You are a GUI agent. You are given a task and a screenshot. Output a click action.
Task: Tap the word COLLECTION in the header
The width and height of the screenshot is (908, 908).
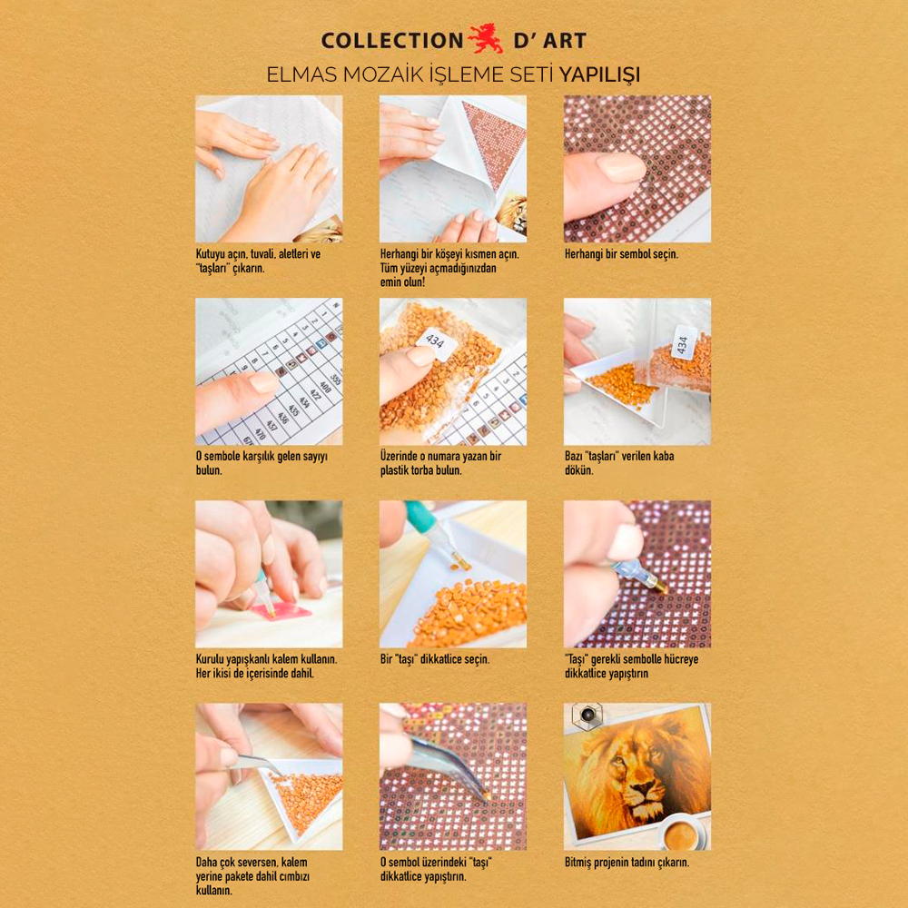click(x=392, y=41)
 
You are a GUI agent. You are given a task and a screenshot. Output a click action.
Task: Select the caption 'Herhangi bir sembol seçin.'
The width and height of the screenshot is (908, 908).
click(x=621, y=255)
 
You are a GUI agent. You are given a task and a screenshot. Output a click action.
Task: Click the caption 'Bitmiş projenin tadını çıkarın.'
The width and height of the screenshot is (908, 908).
click(x=627, y=863)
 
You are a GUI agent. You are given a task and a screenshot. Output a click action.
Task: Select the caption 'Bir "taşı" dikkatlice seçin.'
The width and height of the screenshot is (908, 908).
click(x=435, y=659)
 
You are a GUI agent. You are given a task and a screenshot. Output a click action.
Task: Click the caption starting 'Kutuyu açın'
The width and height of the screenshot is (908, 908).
click(x=258, y=262)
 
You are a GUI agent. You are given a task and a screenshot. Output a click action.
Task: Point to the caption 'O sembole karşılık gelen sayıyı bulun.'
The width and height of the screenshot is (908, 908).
click(x=262, y=463)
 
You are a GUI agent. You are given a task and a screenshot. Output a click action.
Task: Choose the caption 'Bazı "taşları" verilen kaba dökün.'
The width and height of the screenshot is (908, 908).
click(x=619, y=463)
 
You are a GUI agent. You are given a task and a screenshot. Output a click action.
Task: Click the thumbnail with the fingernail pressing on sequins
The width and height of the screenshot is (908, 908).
click(x=637, y=169)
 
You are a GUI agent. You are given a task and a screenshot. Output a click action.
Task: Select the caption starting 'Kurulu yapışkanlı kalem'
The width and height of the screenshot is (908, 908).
click(x=266, y=666)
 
